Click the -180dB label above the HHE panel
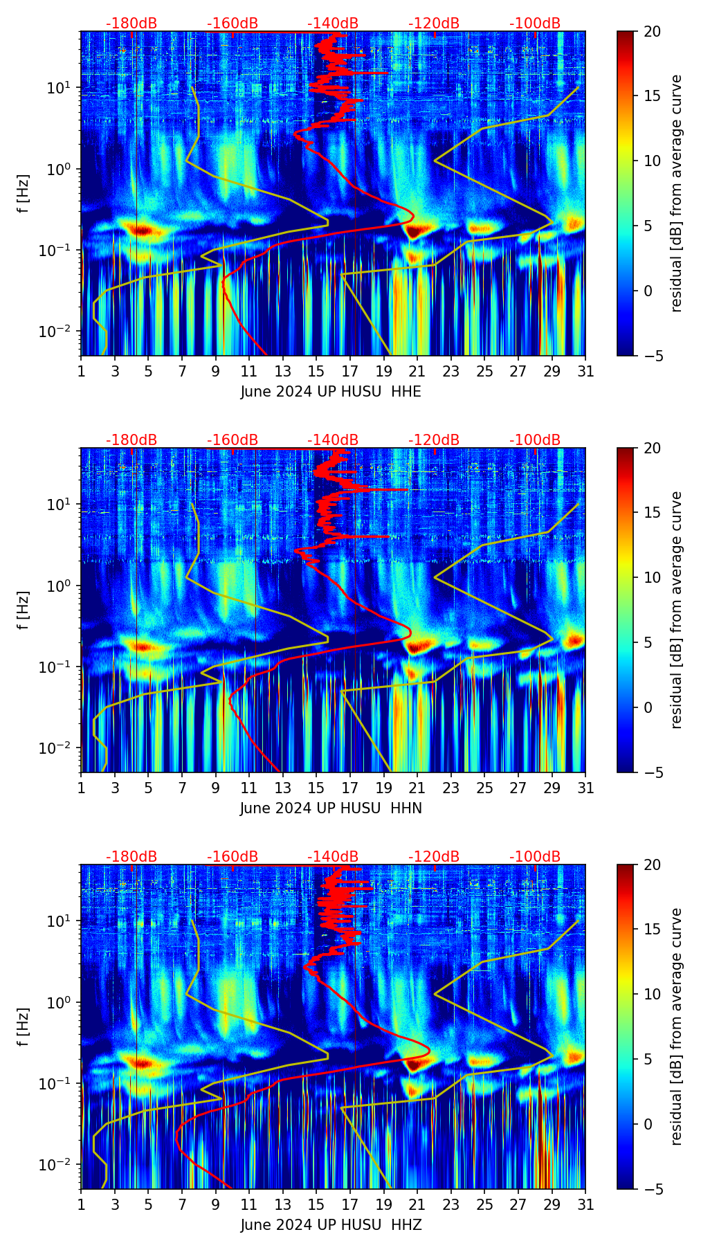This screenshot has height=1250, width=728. click(131, 24)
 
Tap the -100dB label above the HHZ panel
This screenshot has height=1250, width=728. click(535, 857)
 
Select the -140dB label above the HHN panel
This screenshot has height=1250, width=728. click(333, 440)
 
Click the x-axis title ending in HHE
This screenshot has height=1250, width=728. click(331, 392)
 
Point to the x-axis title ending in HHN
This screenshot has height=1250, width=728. click(331, 808)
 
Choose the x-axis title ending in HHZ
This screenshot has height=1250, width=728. click(331, 1225)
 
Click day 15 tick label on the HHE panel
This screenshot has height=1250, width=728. click(316, 372)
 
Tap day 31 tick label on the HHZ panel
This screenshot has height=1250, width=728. click(585, 1205)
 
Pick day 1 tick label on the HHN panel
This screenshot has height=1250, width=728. click(82, 788)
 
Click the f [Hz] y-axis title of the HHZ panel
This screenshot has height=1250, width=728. click(24, 1027)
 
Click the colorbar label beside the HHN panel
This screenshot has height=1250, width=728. click(676, 610)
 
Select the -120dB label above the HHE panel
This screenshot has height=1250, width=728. click(434, 24)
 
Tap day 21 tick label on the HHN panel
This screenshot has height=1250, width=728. click(417, 788)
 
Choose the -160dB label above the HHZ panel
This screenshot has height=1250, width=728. click(233, 857)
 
